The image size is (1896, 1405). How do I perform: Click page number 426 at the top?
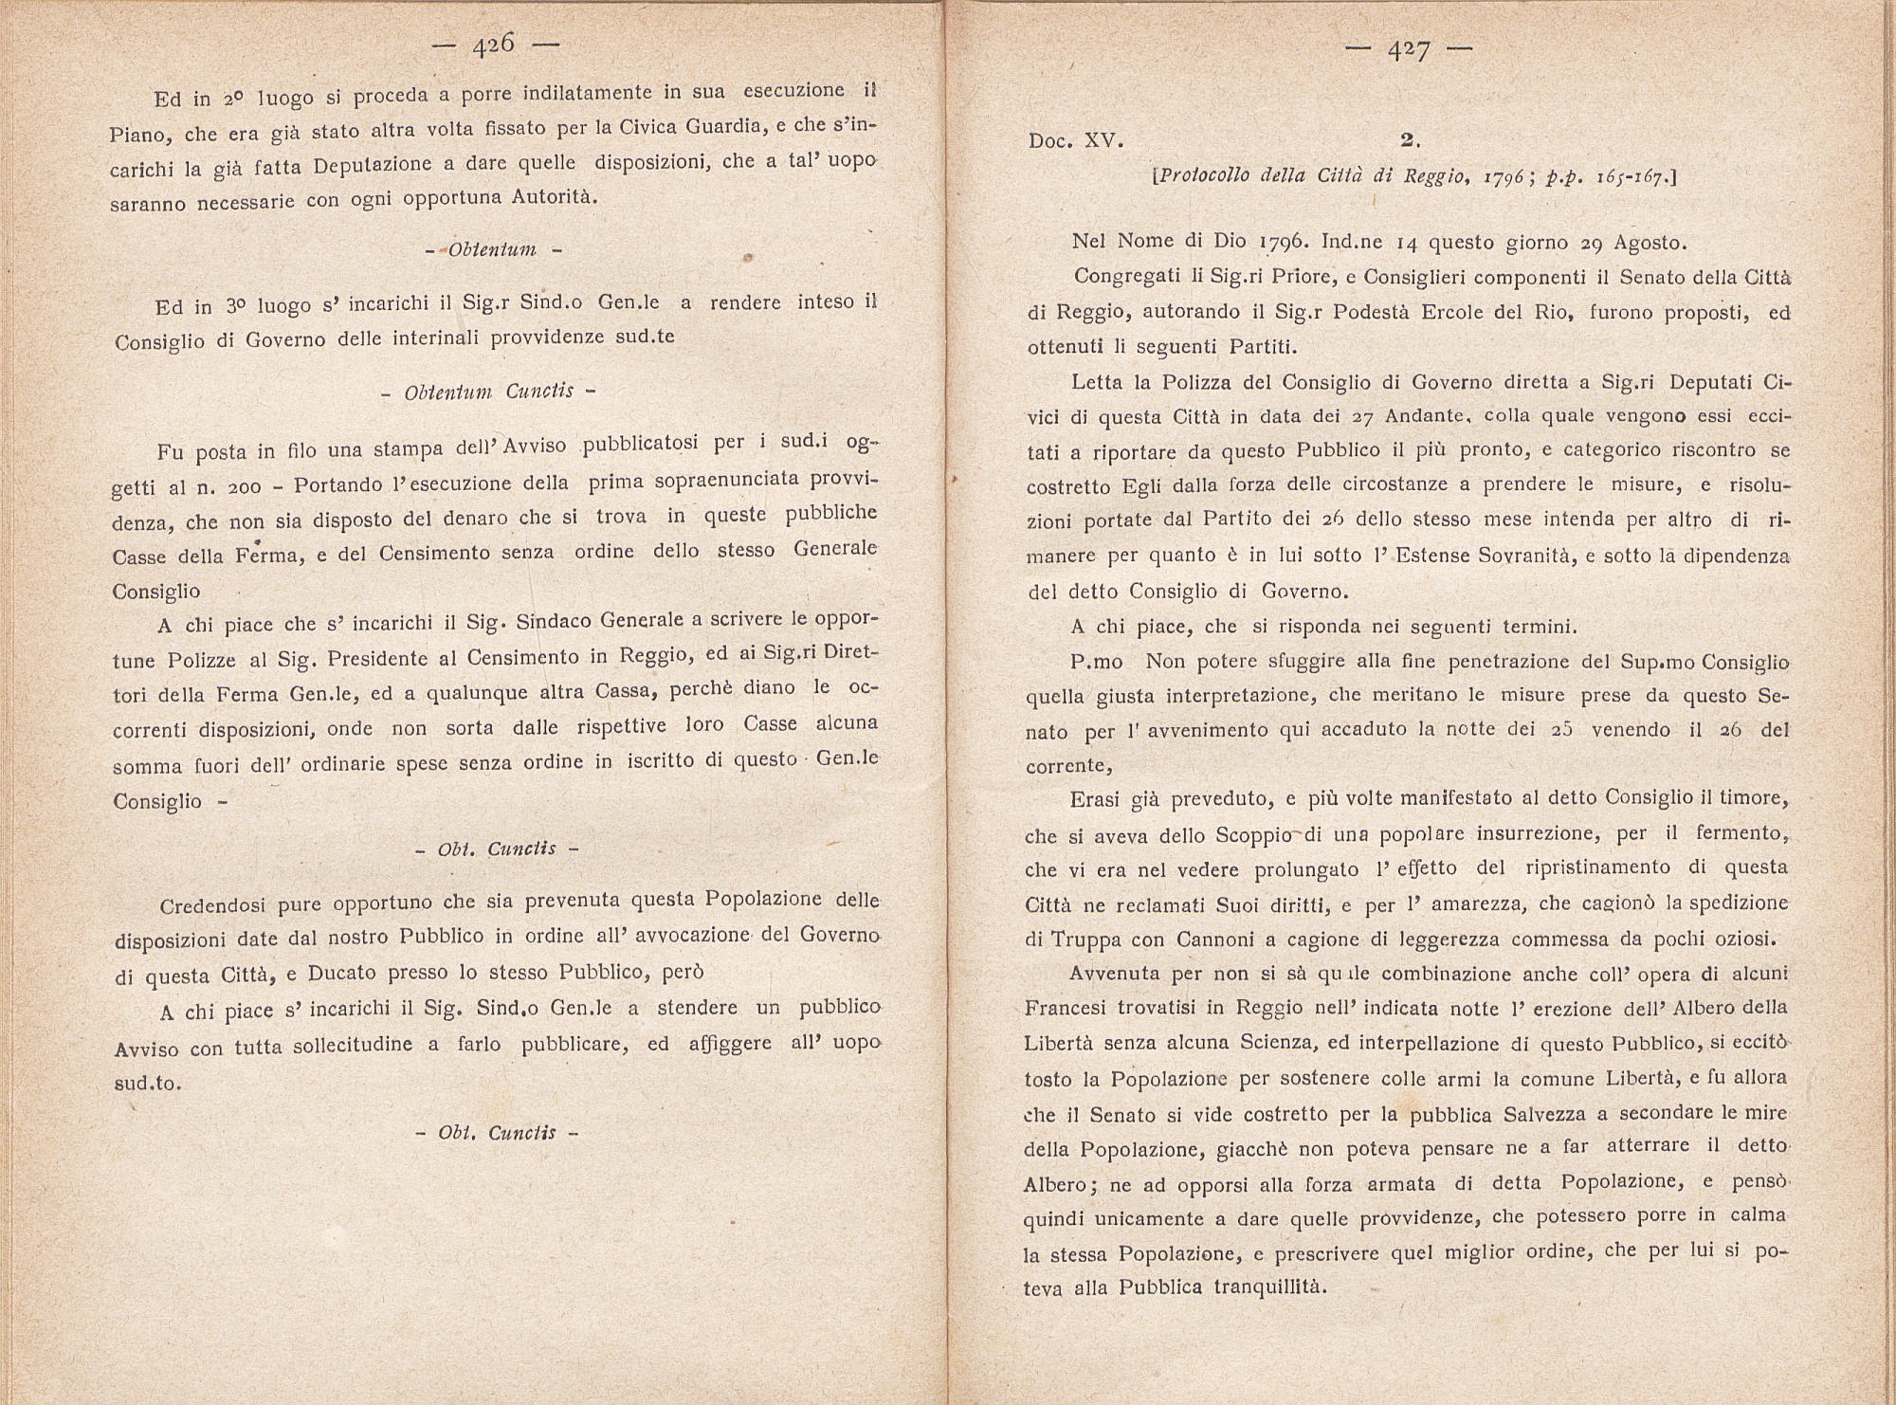pyautogui.click(x=493, y=45)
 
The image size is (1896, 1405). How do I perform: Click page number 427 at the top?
pyautogui.click(x=1408, y=51)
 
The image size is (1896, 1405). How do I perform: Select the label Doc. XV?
pyautogui.click(x=1076, y=141)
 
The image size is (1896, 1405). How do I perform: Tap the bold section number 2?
pyautogui.click(x=1409, y=139)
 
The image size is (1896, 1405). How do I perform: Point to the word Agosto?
pyautogui.click(x=1650, y=243)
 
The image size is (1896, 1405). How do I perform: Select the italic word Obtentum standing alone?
pyautogui.click(x=492, y=250)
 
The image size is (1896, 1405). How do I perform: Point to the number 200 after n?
pyautogui.click(x=244, y=487)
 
